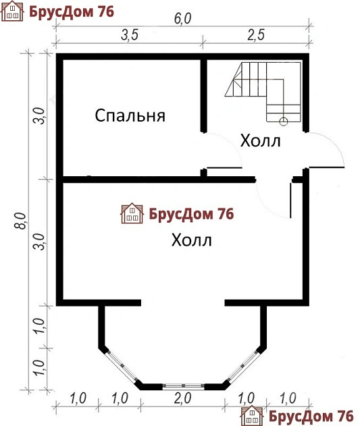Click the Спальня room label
pos(130,115)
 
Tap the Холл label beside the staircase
pos(260,142)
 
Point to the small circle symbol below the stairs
pos(284,121)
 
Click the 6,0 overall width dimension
pos(183,18)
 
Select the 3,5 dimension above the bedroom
pos(130,36)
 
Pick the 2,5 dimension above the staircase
pos(257,36)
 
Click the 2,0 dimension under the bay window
pos(182,398)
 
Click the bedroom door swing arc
pos(226,150)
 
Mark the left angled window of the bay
pos(120,367)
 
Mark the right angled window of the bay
pos(244,367)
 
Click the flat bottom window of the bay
pos(182,386)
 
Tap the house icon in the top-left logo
pos(12,12)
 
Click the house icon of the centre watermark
pos(131,214)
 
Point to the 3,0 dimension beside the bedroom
pos(41,116)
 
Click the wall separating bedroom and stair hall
pos(204,95)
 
